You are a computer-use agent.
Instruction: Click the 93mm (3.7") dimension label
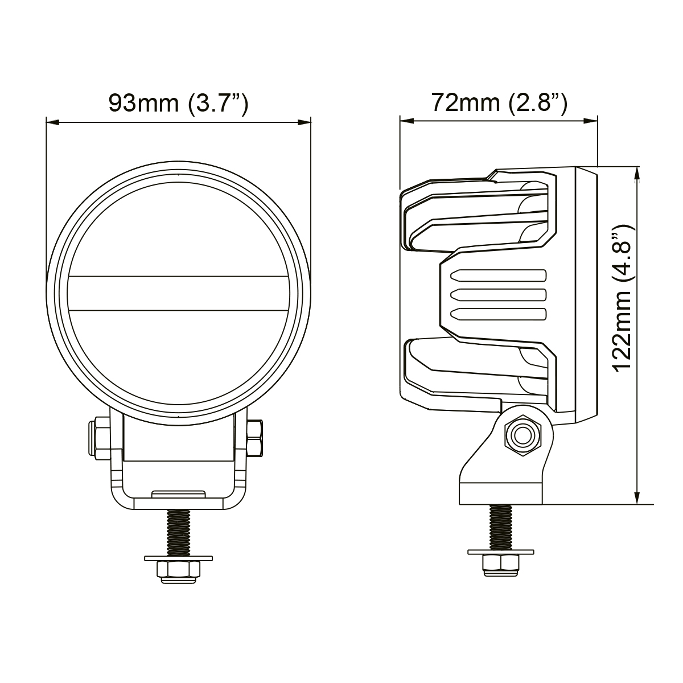point(178,104)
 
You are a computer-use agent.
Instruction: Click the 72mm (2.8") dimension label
point(499,103)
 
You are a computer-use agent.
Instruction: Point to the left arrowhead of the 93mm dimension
point(52,122)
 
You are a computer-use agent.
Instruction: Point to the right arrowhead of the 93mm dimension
point(304,122)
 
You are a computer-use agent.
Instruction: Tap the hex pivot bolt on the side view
point(523,435)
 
